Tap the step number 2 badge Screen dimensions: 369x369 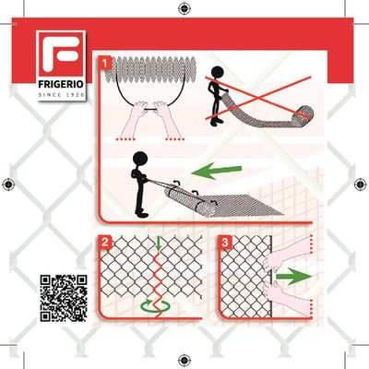click(x=107, y=244)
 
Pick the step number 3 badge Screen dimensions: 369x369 click(x=227, y=244)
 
